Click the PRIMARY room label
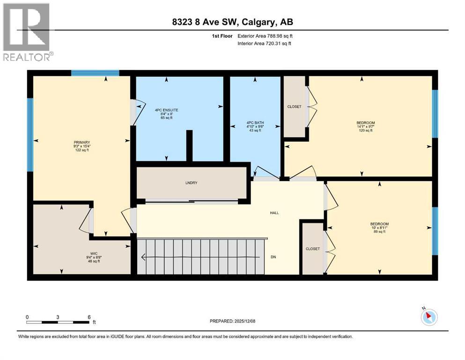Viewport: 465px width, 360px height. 81,142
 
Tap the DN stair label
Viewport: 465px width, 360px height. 274,257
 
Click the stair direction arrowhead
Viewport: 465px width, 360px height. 143,257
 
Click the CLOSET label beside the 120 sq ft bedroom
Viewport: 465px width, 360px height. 294,106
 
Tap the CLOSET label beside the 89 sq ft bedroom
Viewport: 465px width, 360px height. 312,249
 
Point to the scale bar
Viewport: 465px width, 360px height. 58,322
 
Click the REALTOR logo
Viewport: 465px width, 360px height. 27,32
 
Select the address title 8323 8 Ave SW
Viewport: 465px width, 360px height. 232,22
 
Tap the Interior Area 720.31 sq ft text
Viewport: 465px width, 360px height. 264,44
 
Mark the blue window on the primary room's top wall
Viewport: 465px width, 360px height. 95,73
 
